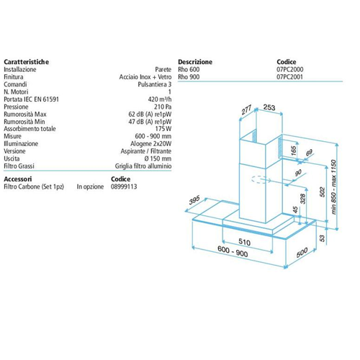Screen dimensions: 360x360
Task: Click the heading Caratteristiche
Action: (27, 62)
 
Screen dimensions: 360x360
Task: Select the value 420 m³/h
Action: (160, 99)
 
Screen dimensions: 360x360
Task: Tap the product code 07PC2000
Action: (290, 69)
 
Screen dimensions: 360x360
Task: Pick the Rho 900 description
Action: (189, 77)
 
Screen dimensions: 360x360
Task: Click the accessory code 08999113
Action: (124, 186)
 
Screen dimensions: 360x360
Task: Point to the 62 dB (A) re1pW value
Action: (150, 114)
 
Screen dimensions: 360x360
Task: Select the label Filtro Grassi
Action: (19, 166)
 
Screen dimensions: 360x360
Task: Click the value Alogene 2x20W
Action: (151, 144)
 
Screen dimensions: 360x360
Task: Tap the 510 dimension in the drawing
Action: (244, 242)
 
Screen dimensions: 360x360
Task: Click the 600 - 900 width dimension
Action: (233, 251)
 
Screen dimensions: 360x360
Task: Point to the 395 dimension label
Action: (194, 200)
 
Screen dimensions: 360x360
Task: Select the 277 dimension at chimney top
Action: (246, 110)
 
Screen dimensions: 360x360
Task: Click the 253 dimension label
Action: (269, 107)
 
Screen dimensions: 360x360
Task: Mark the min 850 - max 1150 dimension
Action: (333, 187)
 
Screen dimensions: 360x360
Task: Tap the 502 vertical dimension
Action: (322, 192)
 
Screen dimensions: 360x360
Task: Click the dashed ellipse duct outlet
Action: (259, 179)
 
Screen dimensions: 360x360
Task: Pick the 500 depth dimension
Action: (302, 253)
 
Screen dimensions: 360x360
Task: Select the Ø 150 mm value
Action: (158, 158)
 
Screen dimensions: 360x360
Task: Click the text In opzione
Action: (90, 186)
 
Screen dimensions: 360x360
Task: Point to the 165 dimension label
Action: (294, 150)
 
